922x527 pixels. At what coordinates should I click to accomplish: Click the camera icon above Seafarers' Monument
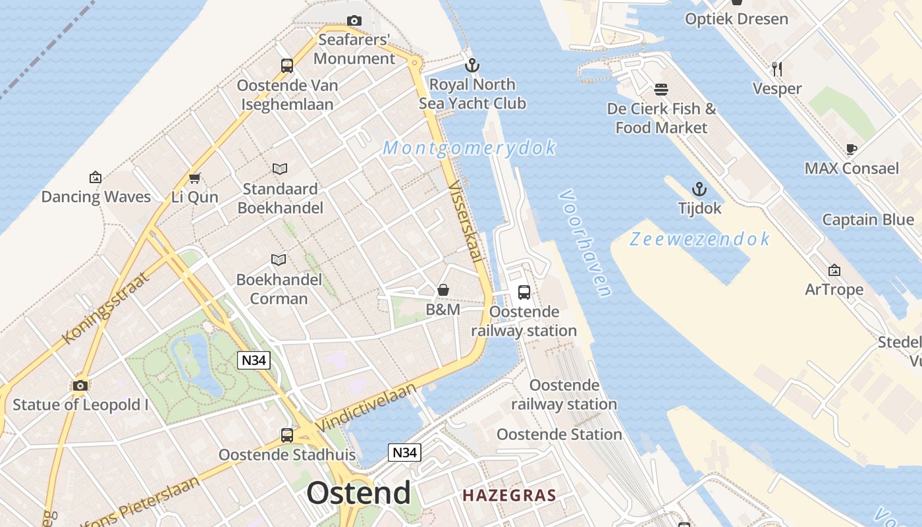coord(354,21)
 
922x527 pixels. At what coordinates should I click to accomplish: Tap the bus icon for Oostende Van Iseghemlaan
coord(287,66)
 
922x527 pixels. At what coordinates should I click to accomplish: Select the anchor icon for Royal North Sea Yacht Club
coord(472,65)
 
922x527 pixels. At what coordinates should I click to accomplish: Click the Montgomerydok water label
coord(470,148)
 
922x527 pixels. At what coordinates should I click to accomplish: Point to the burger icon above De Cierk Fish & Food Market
coord(661,90)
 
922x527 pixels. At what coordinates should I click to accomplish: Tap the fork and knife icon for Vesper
coord(777,69)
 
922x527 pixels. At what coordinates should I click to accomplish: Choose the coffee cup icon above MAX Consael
coord(851,149)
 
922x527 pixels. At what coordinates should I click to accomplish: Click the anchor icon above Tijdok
coord(699,190)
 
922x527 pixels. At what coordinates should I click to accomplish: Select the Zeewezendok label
coord(699,238)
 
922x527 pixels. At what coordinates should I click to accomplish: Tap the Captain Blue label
coord(867,220)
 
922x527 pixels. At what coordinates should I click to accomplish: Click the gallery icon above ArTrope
coord(834,270)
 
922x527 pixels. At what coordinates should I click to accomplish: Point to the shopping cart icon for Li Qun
coord(194,178)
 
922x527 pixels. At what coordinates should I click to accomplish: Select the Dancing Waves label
coord(96,197)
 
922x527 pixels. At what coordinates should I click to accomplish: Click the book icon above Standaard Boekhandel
coord(280,169)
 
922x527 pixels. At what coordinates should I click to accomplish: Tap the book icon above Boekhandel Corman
coord(279,260)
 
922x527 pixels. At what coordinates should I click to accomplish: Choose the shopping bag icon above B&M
coord(443,291)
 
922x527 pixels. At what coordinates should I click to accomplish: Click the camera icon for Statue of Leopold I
coord(80,385)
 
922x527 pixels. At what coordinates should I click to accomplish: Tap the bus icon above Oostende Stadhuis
coord(287,435)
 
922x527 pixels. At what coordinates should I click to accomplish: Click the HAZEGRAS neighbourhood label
coord(509,495)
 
